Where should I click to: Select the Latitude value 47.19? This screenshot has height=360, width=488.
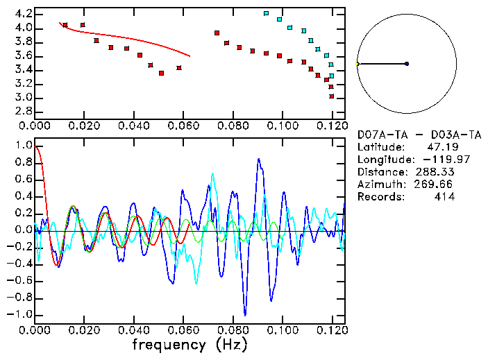point(439,147)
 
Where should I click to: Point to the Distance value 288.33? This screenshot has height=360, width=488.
point(435,172)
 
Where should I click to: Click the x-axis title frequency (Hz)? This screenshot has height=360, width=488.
point(189,345)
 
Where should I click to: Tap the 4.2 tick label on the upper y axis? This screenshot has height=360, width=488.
point(23,14)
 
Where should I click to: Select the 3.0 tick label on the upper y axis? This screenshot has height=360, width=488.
point(23,98)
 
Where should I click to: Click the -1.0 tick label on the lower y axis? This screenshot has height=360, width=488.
point(21,314)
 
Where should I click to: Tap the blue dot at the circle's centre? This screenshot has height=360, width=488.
point(407,64)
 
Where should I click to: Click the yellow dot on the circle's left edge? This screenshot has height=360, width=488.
point(357,64)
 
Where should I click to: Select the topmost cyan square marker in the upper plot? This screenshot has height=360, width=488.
point(267,13)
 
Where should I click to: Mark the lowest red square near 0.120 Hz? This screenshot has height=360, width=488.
point(332,96)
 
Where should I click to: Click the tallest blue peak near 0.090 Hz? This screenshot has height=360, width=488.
point(259,159)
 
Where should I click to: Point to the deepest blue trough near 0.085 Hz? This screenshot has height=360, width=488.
point(244,314)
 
